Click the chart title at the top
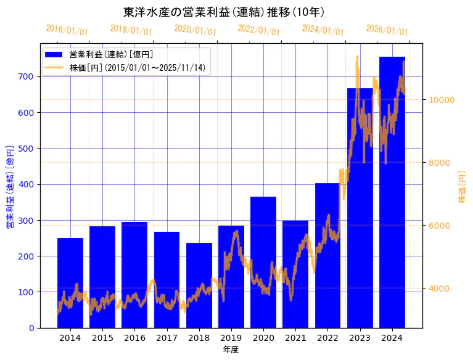click(x=224, y=12)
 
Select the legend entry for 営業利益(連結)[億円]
click(x=111, y=55)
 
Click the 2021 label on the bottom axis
click(x=295, y=338)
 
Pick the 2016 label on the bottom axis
click(x=134, y=338)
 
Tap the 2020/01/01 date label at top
click(x=195, y=30)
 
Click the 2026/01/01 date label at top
click(x=387, y=30)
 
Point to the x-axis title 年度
click(x=231, y=350)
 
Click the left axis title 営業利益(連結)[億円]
click(x=10, y=187)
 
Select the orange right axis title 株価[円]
click(x=463, y=187)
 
